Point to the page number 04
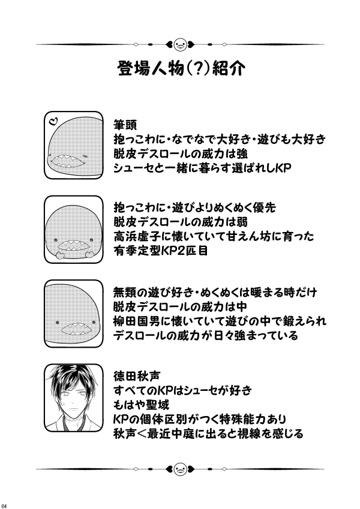coord(5,504)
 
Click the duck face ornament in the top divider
coord(179,43)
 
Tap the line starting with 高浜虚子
coord(214,237)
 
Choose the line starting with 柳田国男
coord(220,321)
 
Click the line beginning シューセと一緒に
coord(202,168)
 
